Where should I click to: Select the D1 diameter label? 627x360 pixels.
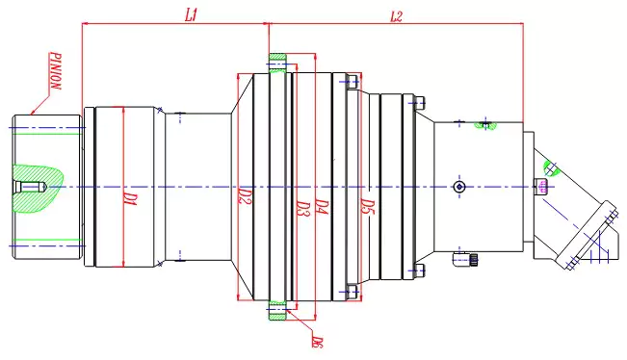click(x=126, y=200)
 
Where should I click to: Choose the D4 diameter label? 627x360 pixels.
click(x=324, y=209)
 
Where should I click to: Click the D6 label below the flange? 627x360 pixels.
click(x=317, y=340)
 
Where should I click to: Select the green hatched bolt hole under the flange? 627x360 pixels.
click(x=277, y=310)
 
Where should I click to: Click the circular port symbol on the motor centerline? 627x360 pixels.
click(x=460, y=186)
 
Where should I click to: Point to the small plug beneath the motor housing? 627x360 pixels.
click(x=474, y=258)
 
